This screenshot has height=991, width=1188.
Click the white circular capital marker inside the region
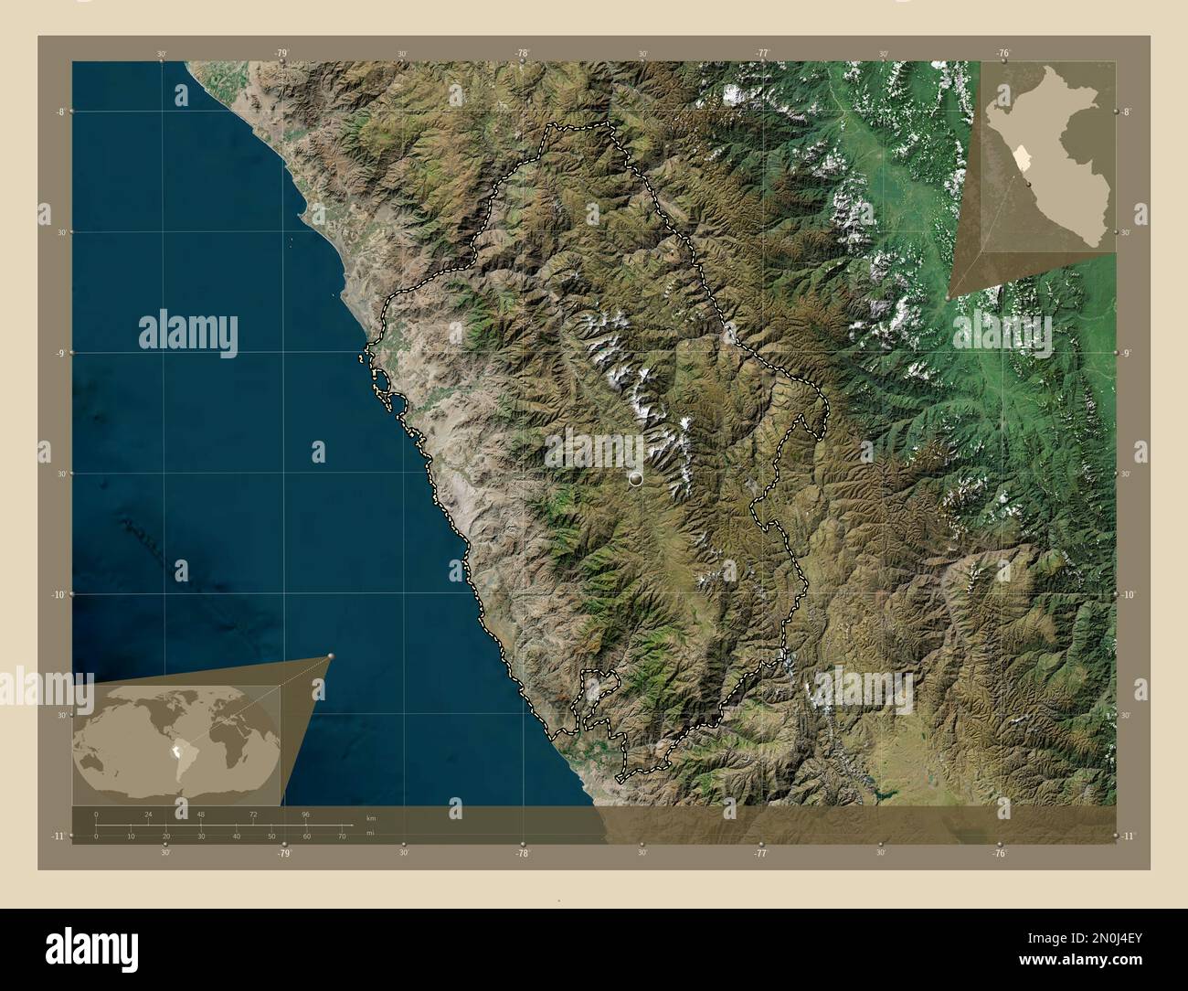(x=636, y=478)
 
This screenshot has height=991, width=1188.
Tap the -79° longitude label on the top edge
(x=281, y=54)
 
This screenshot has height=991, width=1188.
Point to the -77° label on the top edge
(x=761, y=54)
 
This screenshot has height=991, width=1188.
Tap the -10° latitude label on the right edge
(x=1129, y=594)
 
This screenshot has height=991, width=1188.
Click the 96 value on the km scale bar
(x=306, y=814)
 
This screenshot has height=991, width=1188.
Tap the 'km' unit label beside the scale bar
(x=370, y=818)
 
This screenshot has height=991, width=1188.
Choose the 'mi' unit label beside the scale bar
(x=370, y=833)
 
